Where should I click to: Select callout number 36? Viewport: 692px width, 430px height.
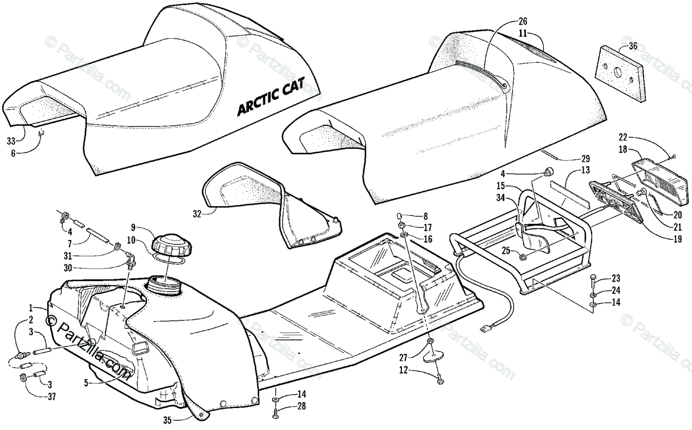point(633,47)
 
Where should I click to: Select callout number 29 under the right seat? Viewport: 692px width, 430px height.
point(585,159)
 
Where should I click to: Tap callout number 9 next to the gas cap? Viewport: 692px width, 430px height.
point(133,227)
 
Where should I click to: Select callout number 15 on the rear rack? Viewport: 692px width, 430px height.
point(501,186)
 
